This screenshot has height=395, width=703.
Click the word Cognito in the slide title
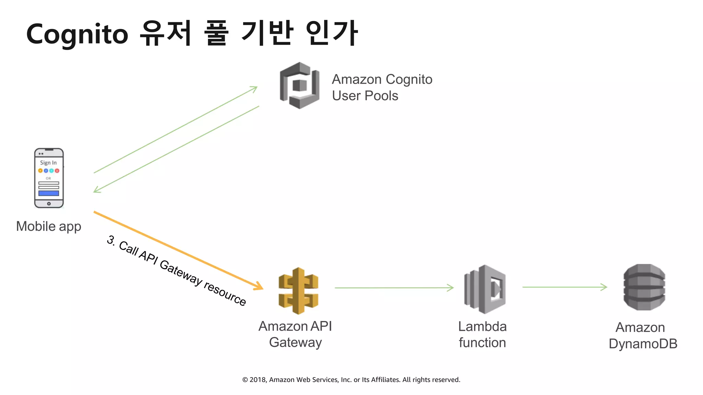(77, 34)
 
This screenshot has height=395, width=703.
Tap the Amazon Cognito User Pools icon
(299, 85)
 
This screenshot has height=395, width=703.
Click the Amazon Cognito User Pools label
(382, 87)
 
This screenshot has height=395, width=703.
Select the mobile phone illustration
(49, 178)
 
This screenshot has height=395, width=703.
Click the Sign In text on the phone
(48, 163)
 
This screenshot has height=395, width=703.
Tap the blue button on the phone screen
(49, 193)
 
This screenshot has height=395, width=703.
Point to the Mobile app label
(49, 226)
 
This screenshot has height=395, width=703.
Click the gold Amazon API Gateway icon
(298, 291)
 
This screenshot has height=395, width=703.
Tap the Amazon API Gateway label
(295, 334)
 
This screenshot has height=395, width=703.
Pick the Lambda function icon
(485, 289)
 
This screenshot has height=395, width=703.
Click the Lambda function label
(482, 335)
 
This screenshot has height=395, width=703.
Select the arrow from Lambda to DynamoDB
(565, 287)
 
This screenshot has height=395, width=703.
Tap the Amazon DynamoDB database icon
(644, 287)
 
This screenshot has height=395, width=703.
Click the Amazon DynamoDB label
(643, 336)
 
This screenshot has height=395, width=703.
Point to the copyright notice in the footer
(351, 380)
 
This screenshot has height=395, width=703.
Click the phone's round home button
(49, 204)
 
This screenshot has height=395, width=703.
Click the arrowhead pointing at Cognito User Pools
(254, 89)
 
